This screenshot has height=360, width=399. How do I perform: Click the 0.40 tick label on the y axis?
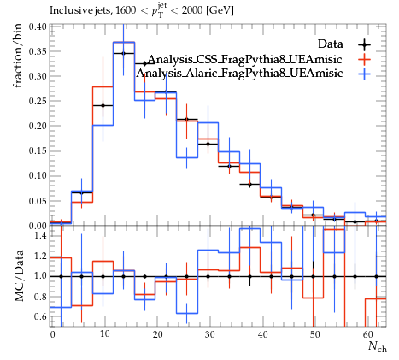tap(37, 27)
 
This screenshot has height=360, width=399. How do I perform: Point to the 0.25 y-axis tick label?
tap(37, 101)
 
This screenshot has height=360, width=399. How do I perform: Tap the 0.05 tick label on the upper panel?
tap(37, 201)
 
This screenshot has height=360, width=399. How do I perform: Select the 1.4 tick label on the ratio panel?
tap(39, 235)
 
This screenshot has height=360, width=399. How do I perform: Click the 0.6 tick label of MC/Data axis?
tap(39, 316)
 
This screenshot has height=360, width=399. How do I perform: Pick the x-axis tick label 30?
tap(209, 334)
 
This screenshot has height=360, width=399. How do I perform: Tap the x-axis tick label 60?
tap(367, 334)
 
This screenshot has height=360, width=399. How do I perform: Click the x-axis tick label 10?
tap(105, 334)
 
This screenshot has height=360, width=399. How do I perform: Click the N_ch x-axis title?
tap(378, 346)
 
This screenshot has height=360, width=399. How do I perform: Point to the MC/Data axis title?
tap(19, 276)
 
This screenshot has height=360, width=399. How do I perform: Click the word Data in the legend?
tap(331, 44)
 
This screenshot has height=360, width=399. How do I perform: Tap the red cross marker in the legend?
tap(365, 60)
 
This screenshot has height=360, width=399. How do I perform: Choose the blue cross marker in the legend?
tap(365, 74)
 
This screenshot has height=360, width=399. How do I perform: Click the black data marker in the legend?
tap(365, 44)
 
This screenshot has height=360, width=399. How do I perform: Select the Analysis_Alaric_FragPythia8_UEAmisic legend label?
tap(239, 74)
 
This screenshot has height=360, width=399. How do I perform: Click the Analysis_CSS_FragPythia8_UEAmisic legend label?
tap(245, 59)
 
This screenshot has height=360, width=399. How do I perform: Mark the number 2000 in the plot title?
tap(192, 10)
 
